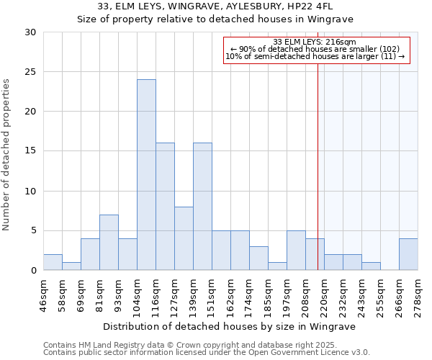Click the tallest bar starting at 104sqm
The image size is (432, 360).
pyautogui.click(x=146, y=175)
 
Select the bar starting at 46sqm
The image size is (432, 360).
pyautogui.click(x=53, y=262)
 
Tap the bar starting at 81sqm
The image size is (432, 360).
pyautogui.click(x=109, y=243)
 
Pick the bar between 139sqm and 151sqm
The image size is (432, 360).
pyautogui.click(x=202, y=207)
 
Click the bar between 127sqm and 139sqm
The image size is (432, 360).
pyautogui.click(x=184, y=238)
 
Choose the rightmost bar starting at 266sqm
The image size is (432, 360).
pyautogui.click(x=408, y=254)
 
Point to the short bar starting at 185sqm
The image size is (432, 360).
pyautogui.click(x=277, y=266)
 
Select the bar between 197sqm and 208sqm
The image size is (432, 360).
pyautogui.click(x=296, y=251)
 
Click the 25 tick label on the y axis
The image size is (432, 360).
pyautogui.click(x=30, y=72)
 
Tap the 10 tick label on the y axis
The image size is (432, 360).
pyautogui.click(x=30, y=191)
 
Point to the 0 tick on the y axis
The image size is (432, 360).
pyautogui.click(x=33, y=270)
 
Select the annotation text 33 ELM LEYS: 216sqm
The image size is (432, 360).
pyautogui.click(x=315, y=42)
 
